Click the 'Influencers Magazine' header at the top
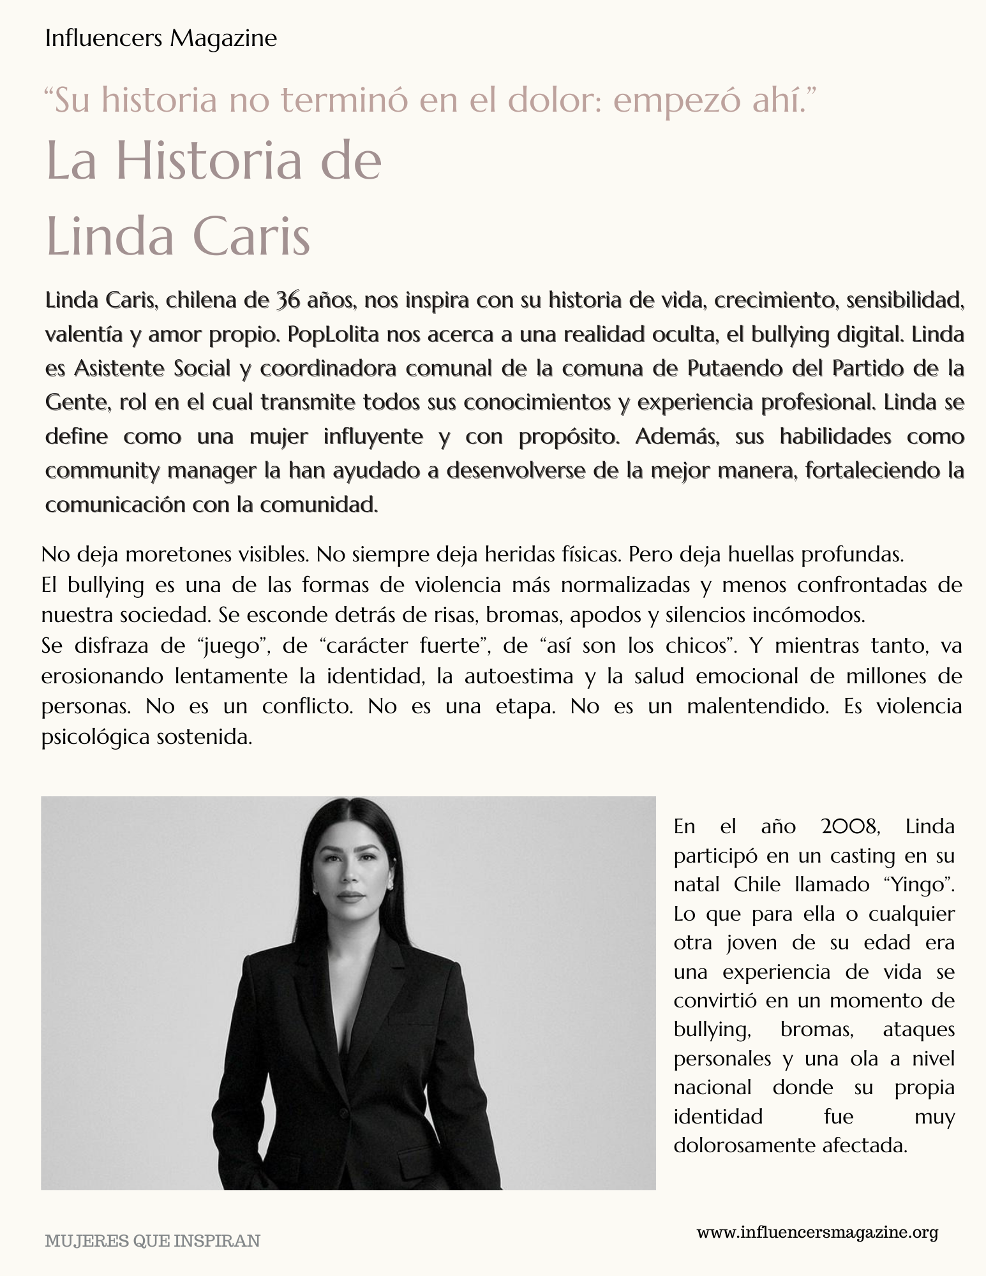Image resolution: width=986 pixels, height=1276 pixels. click(x=161, y=39)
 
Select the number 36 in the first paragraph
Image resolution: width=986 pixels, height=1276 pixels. click(x=287, y=300)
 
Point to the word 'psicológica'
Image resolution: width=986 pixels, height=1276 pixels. click(x=94, y=738)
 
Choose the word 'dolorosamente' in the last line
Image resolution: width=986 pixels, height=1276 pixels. click(x=740, y=1145)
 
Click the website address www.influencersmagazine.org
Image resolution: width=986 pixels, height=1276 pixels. click(x=817, y=1232)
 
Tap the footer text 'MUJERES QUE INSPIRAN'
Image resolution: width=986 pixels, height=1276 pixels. click(x=153, y=1241)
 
